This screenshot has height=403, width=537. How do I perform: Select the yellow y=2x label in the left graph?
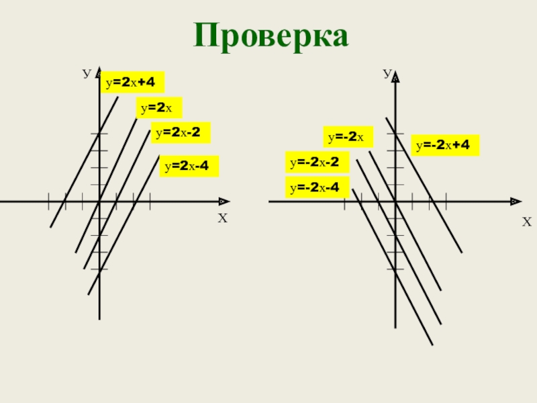pyautogui.click(x=159, y=107)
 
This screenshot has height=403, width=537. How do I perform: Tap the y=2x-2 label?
pyautogui.click(x=180, y=132)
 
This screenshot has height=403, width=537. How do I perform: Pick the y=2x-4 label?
pyautogui.click(x=189, y=166)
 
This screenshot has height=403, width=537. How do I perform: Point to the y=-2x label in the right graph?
pyautogui.click(x=347, y=137)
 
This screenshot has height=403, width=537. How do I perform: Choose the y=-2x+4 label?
pyautogui.click(x=445, y=145)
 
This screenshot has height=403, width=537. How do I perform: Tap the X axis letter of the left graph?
pyautogui.click(x=223, y=218)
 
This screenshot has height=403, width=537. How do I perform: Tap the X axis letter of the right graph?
pyautogui.click(x=526, y=222)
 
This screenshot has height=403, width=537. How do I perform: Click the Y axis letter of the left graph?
pyautogui.click(x=86, y=72)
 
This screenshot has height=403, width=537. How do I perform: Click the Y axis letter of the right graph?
pyautogui.click(x=387, y=72)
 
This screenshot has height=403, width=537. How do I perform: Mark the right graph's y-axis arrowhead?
pyautogui.click(x=395, y=78)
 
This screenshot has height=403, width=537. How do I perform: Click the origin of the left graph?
pyautogui.click(x=99, y=201)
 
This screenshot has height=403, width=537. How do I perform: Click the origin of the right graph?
pyautogui.click(x=395, y=201)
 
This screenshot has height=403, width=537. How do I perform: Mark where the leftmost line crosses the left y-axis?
pyautogui.click(x=99, y=133)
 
